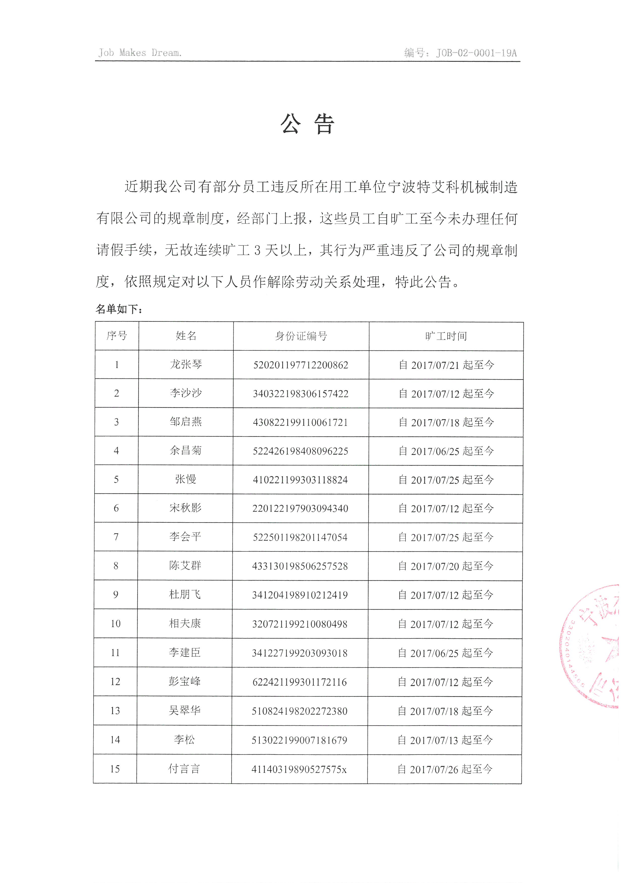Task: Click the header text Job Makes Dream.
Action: pos(139,53)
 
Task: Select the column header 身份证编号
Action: pos(301,336)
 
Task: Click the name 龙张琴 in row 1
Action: pos(186,365)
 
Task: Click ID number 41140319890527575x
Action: pos(299,769)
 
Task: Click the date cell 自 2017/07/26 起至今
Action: pos(445,769)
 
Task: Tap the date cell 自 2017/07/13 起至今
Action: pos(445,740)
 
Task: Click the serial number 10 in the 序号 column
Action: pos(115,624)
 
